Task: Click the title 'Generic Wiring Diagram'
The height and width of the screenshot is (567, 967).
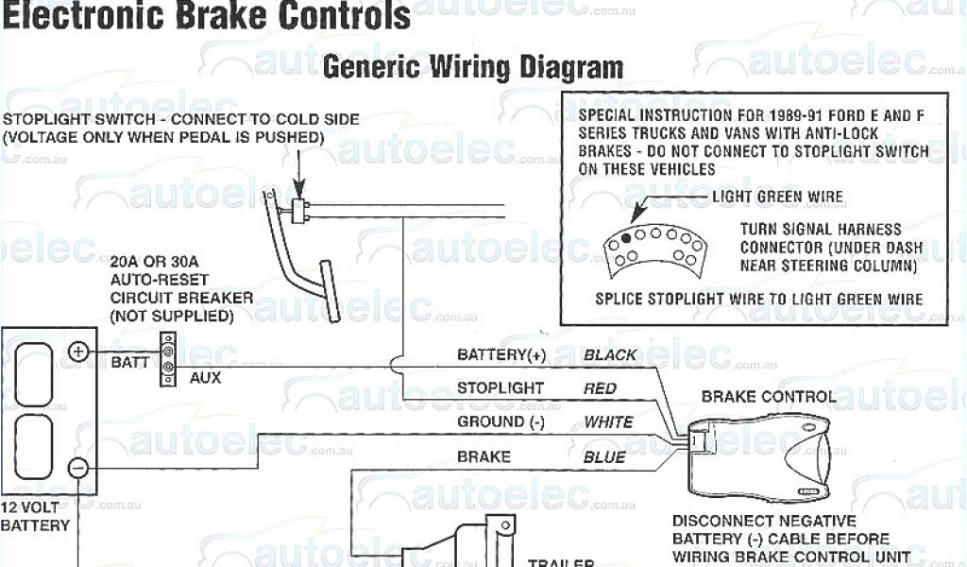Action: click(473, 67)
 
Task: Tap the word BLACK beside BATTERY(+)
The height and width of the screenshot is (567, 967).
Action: click(610, 355)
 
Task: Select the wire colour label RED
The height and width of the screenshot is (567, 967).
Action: click(600, 388)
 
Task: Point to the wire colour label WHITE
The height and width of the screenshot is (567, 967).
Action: click(608, 421)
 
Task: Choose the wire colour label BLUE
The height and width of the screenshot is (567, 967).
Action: click(604, 456)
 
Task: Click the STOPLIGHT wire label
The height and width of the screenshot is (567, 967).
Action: click(500, 388)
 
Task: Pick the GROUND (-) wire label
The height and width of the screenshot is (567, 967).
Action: click(500, 421)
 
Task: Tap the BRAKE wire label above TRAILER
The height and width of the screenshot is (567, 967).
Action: click(483, 456)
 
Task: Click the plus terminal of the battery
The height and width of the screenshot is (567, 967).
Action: click(77, 352)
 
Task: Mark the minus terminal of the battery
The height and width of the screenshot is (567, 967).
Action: click(78, 466)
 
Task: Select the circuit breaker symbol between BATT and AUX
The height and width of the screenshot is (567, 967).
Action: click(167, 360)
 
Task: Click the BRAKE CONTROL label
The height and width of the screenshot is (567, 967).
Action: click(768, 397)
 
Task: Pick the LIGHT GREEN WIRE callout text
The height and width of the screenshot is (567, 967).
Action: click(777, 198)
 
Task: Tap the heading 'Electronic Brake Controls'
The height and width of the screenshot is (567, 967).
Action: click(206, 16)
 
